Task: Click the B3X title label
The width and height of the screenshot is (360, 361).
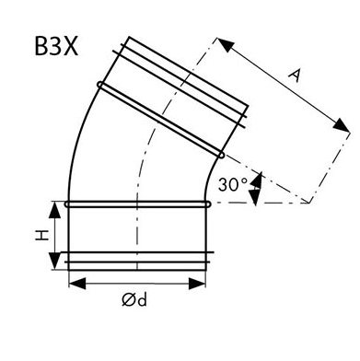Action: (56, 47)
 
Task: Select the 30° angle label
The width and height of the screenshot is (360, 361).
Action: (233, 184)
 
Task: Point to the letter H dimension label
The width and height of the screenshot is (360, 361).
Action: (41, 235)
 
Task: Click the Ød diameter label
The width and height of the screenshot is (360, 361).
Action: (134, 299)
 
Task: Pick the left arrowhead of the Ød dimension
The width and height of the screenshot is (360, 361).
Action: (77, 284)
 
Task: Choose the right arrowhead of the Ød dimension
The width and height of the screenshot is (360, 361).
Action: (197, 284)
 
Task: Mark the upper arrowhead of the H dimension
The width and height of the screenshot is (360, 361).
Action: (55, 210)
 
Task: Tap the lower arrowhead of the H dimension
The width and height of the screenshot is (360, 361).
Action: (55, 262)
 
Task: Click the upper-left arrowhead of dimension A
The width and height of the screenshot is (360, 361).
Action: (226, 44)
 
